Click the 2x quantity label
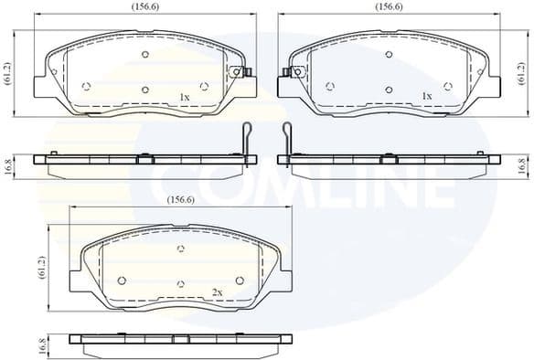pos(218,291)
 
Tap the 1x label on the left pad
pos(184,96)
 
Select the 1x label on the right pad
pos(427,95)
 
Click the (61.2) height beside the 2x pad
pos(40,268)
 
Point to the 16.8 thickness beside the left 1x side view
pos(7,166)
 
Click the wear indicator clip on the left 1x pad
pos(238,73)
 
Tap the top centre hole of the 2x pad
pos(180,249)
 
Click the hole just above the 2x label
pos(181,284)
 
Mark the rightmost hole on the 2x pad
pos(240,281)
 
